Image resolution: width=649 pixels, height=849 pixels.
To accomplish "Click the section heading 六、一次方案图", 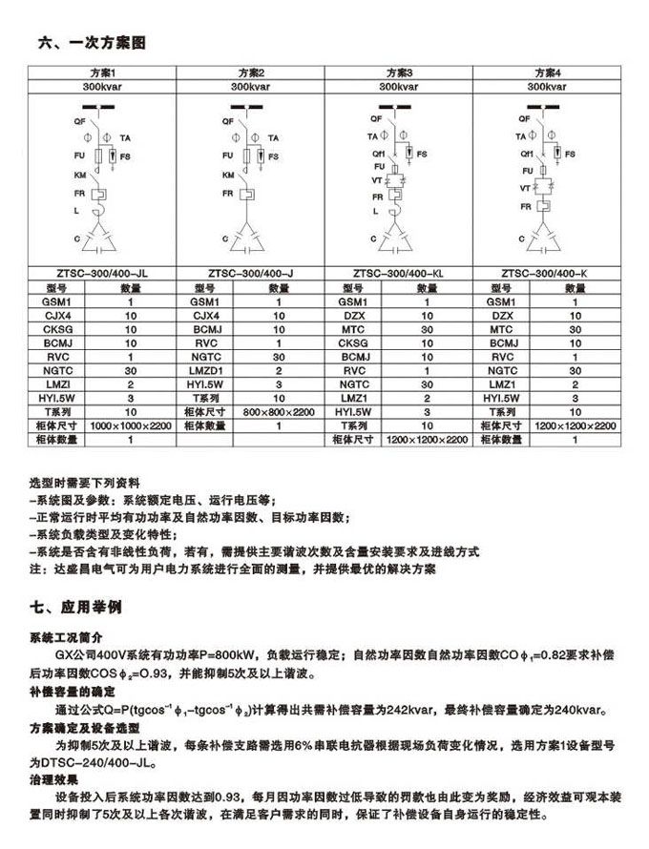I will point(92,44).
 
